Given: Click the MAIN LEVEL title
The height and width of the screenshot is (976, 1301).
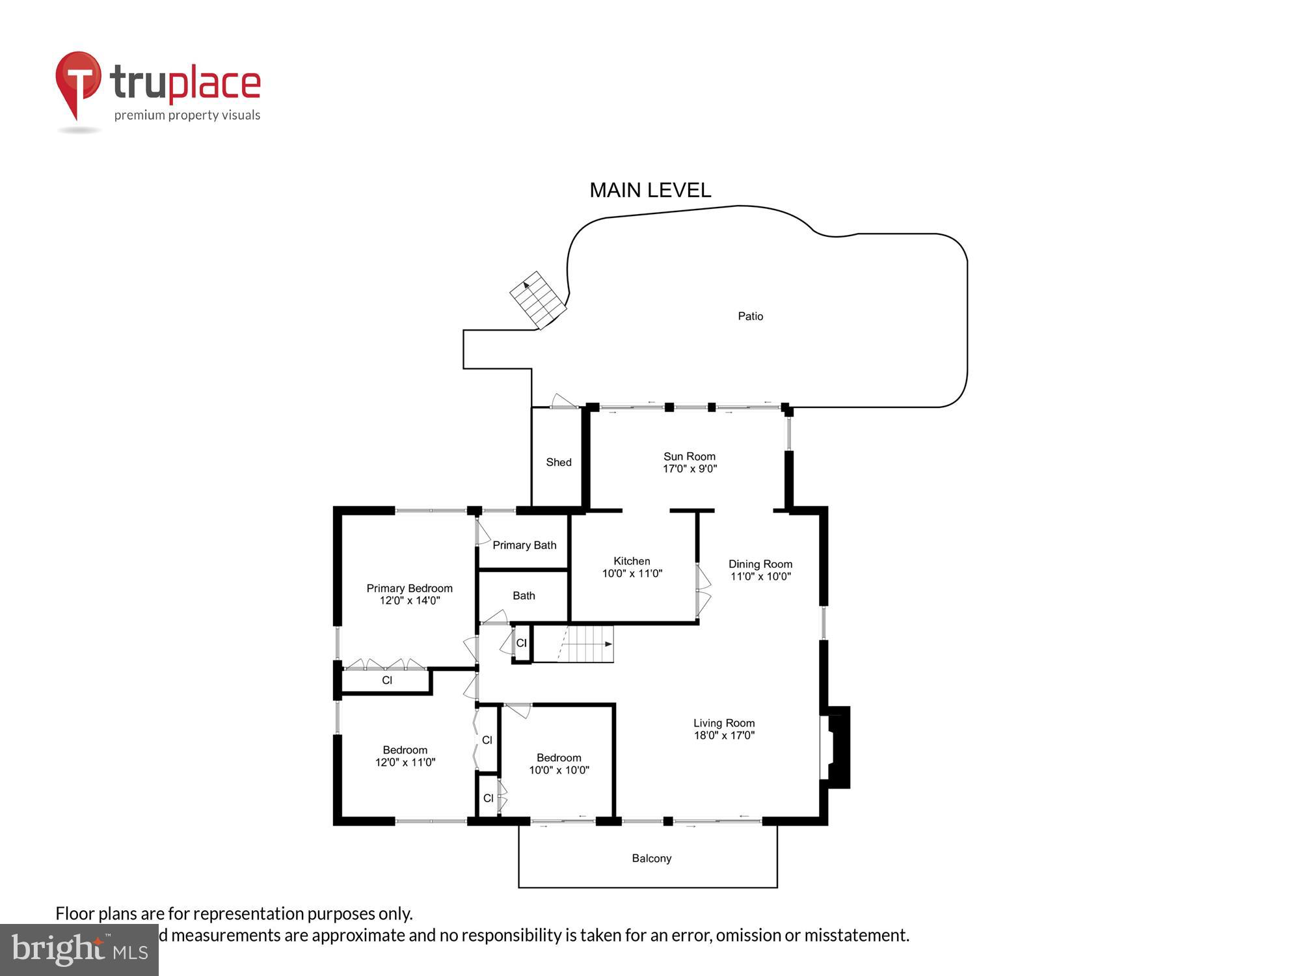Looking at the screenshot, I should pos(650,190).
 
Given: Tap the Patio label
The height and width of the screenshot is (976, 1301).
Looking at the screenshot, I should pos(750,316).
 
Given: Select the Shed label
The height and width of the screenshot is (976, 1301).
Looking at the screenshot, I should pos(558,462).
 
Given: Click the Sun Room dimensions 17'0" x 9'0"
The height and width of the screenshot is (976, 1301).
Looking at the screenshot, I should pos(690,468).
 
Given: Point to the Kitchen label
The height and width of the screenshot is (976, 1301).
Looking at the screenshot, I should pos(632,561).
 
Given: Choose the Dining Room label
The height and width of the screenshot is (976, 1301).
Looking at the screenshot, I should pos(760,564).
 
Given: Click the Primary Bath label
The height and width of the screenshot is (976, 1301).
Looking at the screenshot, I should pos(524,545).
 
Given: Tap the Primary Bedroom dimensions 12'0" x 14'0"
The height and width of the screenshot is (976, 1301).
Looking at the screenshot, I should pos(410,601).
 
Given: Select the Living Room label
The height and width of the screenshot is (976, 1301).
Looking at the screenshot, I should pos(723,723).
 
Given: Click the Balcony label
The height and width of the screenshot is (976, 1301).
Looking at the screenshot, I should pos(651,858).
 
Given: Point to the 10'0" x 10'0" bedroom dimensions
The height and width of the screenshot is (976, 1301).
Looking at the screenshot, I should pos(559,770).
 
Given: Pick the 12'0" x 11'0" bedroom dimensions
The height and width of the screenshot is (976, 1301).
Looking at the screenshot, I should pos(405,762).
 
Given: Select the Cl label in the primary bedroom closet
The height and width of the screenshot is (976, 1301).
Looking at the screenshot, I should pos(387,681).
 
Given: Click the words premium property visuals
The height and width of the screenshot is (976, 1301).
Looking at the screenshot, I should pos(187,116).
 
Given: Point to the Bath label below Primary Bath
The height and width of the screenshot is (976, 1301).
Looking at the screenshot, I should pos(524,595).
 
